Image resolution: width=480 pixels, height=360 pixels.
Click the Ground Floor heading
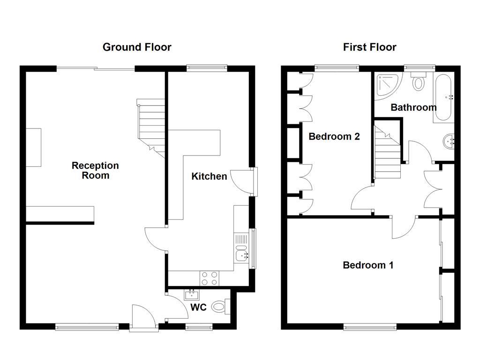[x=137, y=47]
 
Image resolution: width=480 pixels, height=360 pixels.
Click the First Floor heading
[x=369, y=47]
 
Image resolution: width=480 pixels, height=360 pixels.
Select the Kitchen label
[x=209, y=176]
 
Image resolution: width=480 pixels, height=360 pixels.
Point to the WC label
[x=199, y=308]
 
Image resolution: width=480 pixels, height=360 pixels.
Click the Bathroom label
[x=413, y=107]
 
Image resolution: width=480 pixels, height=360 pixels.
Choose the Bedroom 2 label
[x=334, y=136]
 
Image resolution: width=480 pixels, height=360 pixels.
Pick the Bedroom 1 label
[x=368, y=265]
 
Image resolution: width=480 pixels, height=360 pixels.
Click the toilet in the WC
[x=220, y=307]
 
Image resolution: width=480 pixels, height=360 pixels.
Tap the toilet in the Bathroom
[x=419, y=82]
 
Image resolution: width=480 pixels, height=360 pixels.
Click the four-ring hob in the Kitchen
[x=209, y=278]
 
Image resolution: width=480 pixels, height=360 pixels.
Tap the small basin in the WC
[x=191, y=295]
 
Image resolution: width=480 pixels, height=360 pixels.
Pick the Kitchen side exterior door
[x=243, y=181]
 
